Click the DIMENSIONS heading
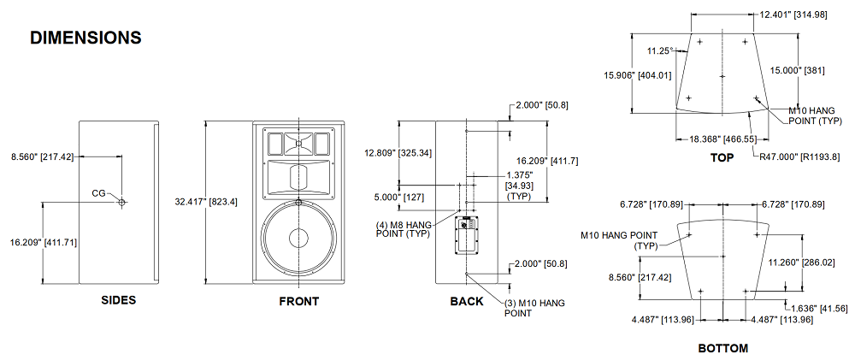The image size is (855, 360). [x=85, y=38]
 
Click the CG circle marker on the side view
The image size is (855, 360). [x=121, y=203]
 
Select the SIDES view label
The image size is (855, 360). [x=118, y=300]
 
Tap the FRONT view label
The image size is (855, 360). [x=298, y=301]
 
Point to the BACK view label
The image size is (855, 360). [x=466, y=301]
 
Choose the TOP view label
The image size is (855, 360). [x=722, y=157]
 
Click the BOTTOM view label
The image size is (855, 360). [x=722, y=348]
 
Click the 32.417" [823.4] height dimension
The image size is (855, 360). [x=206, y=203]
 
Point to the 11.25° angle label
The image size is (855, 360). [x=660, y=50]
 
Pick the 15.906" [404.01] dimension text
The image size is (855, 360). [x=638, y=75]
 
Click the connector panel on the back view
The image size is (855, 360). [x=467, y=234]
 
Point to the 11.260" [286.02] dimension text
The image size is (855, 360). [x=800, y=263]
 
